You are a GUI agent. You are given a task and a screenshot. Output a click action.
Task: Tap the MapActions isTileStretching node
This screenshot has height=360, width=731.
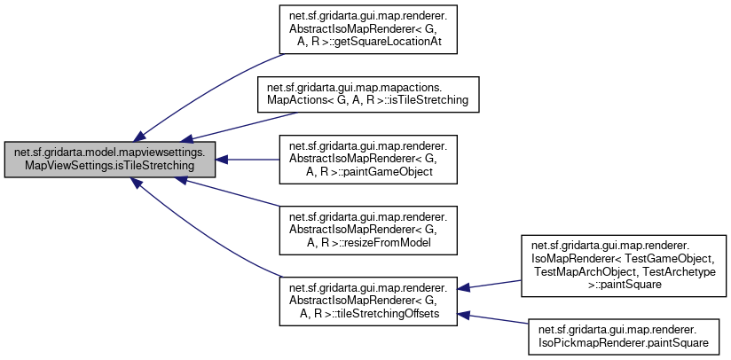tap(368, 95)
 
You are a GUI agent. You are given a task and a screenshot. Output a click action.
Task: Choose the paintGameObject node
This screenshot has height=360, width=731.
tap(368, 160)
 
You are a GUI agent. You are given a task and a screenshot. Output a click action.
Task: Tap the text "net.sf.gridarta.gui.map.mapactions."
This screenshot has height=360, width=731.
tap(368, 89)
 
